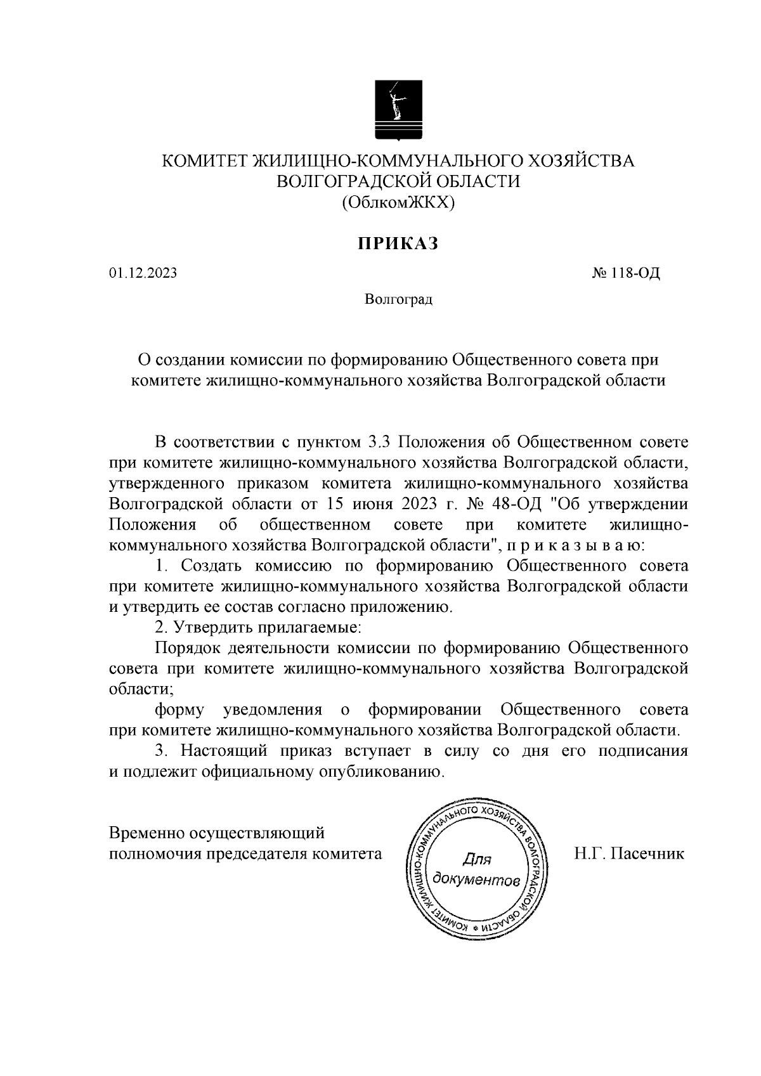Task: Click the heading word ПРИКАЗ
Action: point(398,244)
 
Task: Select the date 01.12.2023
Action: point(143,273)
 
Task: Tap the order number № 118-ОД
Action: point(626,273)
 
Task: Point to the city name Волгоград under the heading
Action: point(398,299)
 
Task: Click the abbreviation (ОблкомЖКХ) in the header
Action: point(398,202)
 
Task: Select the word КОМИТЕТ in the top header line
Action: point(205,161)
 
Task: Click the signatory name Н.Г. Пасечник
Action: point(629,853)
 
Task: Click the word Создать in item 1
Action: point(212,566)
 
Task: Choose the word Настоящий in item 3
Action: point(224,751)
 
